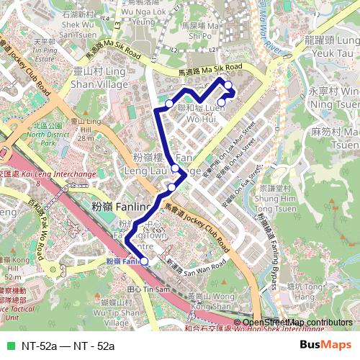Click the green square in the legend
click(x=9, y=346)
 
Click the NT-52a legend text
click(x=68, y=346)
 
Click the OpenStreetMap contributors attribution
click(x=297, y=323)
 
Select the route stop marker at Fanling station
click(x=144, y=261)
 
